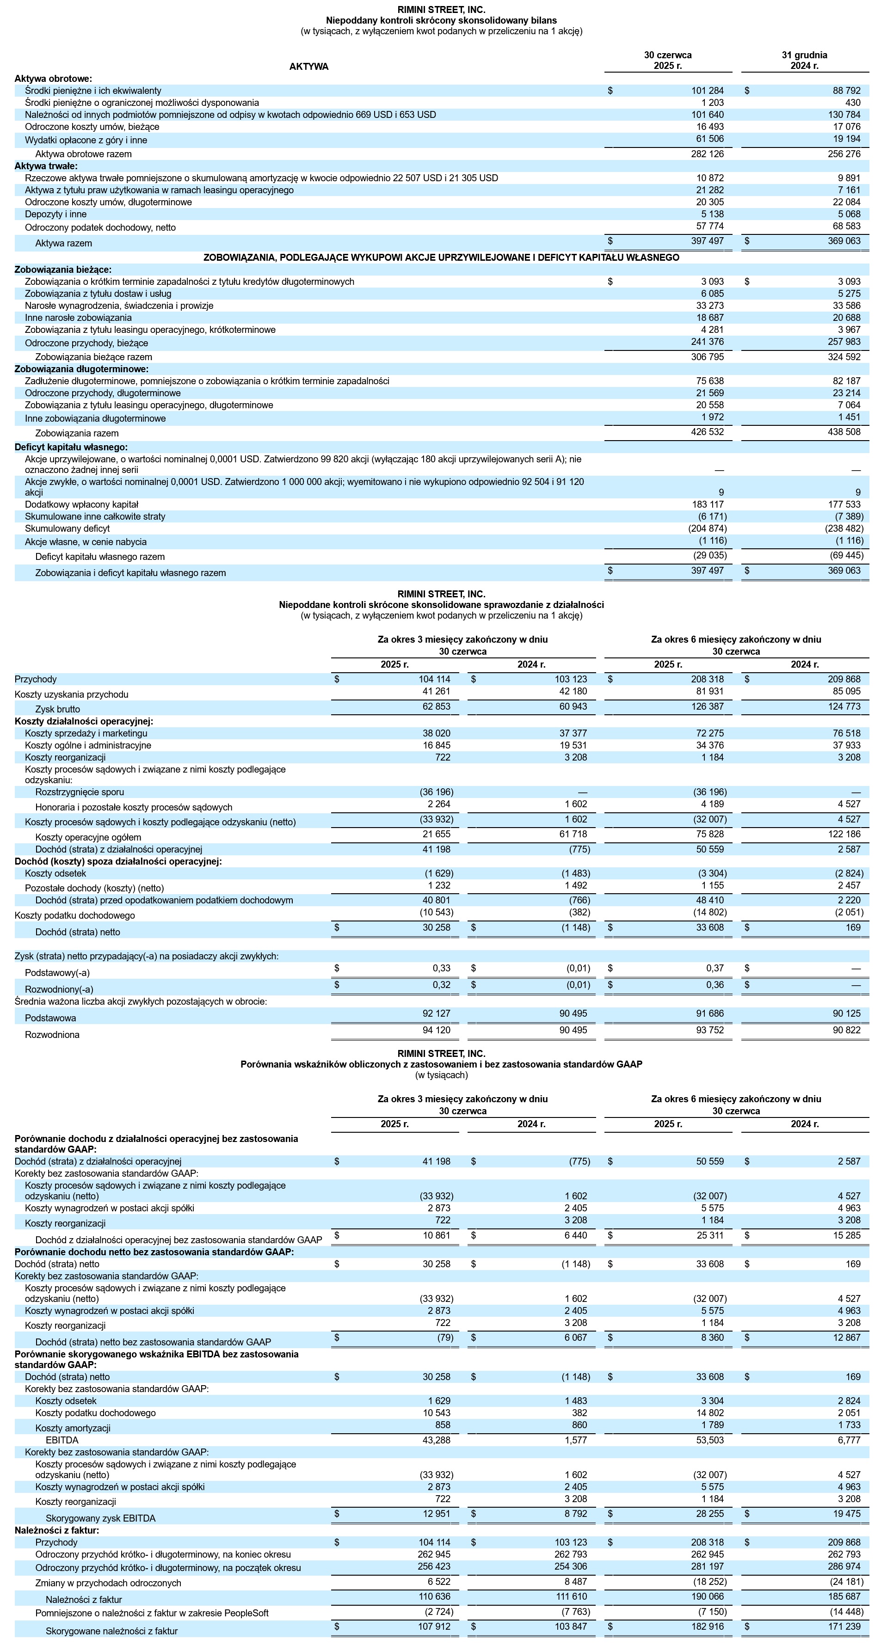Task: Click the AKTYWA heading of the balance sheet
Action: click(x=308, y=67)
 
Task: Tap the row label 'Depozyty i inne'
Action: click(x=55, y=214)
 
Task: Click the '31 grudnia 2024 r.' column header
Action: click(x=804, y=60)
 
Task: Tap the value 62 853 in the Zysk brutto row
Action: click(x=437, y=706)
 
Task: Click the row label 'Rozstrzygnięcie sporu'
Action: click(x=80, y=792)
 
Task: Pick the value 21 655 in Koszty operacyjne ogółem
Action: click(x=437, y=834)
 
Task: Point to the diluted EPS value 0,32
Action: click(x=441, y=985)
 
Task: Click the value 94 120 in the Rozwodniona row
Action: click(x=437, y=1030)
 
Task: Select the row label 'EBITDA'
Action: click(x=62, y=1440)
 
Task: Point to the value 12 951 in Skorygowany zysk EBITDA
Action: click(x=437, y=1515)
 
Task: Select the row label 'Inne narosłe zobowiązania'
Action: click(x=78, y=317)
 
